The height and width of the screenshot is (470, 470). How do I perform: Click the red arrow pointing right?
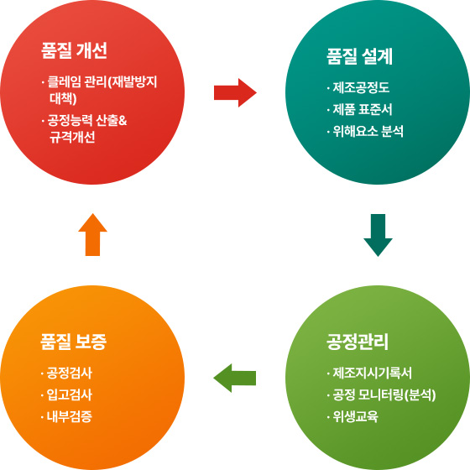235,92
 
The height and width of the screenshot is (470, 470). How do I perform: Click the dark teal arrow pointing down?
378,235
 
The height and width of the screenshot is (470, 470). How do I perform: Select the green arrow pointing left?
234,378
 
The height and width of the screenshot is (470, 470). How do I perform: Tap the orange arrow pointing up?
92,234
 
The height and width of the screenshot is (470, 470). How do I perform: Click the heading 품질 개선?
74,50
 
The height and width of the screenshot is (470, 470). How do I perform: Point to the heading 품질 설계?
359,56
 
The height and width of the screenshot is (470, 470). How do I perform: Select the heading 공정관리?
358,342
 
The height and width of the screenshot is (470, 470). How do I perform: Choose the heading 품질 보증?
74,342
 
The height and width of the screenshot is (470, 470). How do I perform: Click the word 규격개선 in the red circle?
72,137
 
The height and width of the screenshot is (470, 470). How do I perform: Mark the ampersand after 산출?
123,121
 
